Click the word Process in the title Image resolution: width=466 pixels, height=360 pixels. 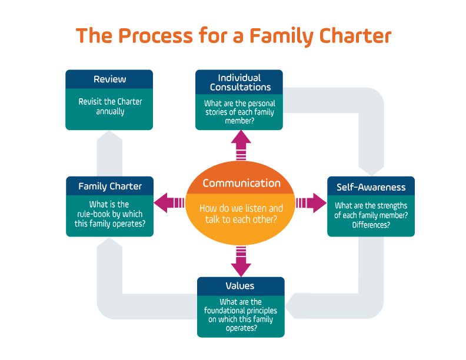pos(156,36)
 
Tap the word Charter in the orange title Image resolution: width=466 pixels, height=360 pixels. pos(355,36)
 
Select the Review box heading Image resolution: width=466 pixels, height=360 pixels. pos(109,79)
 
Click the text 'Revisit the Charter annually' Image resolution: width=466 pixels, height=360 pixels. pos(110,106)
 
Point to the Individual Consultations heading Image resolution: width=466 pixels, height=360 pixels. pos(240,82)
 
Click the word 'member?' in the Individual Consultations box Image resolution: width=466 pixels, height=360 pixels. pos(239,121)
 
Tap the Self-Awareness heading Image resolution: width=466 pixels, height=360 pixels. pos(371,187)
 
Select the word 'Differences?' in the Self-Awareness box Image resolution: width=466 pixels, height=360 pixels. pos(371,225)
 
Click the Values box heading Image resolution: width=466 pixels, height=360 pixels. pos(240,286)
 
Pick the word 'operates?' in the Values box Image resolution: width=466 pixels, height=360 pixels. pos(241,328)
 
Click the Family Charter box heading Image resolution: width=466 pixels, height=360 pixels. pos(110,186)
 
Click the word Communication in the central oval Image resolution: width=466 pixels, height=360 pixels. pos(241,184)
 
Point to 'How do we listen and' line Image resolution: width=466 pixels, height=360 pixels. pos(241,208)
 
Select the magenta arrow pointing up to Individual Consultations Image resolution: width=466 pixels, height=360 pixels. pos(241,145)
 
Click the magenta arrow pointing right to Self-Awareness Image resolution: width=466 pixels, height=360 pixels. pos(311,203)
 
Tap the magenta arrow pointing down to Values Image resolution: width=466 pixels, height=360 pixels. pos(241,261)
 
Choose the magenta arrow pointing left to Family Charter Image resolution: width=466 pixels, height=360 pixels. pos(169,203)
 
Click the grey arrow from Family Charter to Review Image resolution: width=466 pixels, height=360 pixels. pos(109,154)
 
